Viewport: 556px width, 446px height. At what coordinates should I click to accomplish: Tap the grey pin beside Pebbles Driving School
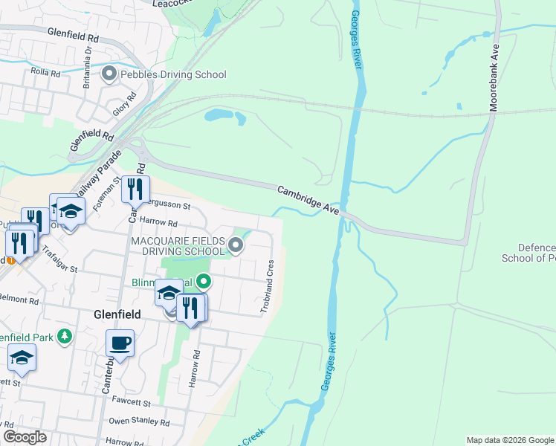click(110, 74)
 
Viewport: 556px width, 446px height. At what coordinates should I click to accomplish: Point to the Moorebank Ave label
click(494, 79)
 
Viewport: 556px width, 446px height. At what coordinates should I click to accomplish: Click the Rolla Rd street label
click(45, 72)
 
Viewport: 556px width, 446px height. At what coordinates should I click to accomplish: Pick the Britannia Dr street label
click(87, 53)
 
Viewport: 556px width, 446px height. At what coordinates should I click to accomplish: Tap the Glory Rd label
click(126, 103)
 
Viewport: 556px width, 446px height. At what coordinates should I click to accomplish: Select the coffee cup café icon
click(120, 343)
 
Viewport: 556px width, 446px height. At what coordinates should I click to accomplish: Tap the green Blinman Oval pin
click(204, 282)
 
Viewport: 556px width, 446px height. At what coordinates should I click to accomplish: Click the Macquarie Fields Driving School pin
click(236, 245)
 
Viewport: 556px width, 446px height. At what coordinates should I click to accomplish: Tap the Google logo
click(25, 437)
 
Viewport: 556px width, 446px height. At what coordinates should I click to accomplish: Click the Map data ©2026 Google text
click(509, 440)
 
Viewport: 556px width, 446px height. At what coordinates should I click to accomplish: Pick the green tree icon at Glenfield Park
click(65, 337)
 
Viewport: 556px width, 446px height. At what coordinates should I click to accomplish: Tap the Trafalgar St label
click(59, 259)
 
